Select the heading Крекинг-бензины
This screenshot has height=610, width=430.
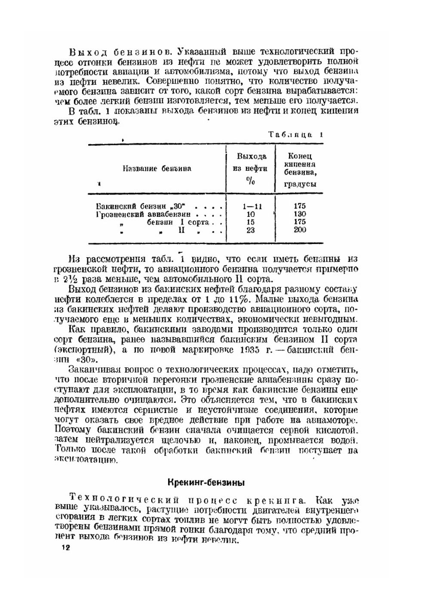(x=206, y=482)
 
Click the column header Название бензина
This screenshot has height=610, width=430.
(x=157, y=169)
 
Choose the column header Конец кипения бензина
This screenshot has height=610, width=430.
(x=300, y=169)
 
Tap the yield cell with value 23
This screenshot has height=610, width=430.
(x=251, y=230)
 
